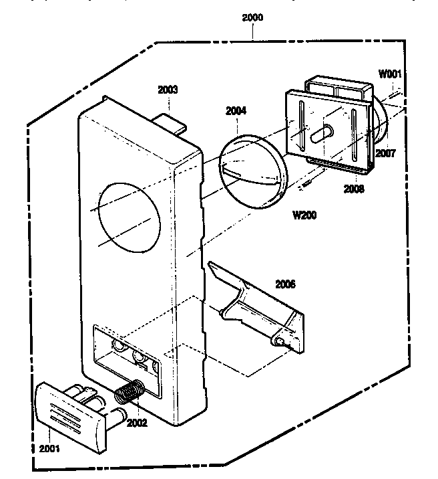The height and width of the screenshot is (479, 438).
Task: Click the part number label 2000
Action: pos(252,18)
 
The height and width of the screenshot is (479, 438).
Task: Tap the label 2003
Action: pos(168,89)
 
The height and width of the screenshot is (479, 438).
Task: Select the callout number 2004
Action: pos(236,111)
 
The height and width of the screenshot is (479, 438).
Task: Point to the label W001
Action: pos(389,74)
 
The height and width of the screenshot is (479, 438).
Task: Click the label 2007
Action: pos(385,153)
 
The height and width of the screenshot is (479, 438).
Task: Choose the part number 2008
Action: pos(355,189)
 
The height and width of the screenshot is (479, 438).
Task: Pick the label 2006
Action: pos(285,284)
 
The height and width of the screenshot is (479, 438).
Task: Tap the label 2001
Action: pos(49,448)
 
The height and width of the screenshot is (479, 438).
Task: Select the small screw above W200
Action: pos(306,183)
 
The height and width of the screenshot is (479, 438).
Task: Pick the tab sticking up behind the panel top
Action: pos(172,121)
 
